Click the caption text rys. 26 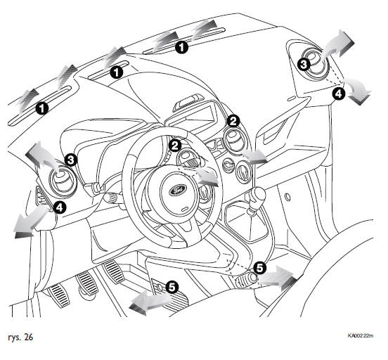[x=20, y=337]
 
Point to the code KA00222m [x=361, y=335]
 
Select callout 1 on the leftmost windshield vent [x=41, y=108]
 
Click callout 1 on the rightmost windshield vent [x=181, y=47]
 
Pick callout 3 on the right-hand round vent [x=304, y=65]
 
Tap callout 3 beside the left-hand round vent [x=71, y=160]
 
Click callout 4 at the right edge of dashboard [x=339, y=94]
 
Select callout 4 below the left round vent [x=60, y=207]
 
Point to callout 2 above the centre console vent [x=233, y=121]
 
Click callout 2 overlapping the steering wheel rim [x=175, y=146]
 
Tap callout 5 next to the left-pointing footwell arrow [x=172, y=287]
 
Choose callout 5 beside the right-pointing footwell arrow [x=259, y=268]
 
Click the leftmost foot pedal [x=59, y=295]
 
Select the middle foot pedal [x=87, y=283]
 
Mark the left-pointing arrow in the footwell [x=150, y=302]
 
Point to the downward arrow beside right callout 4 [x=358, y=91]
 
